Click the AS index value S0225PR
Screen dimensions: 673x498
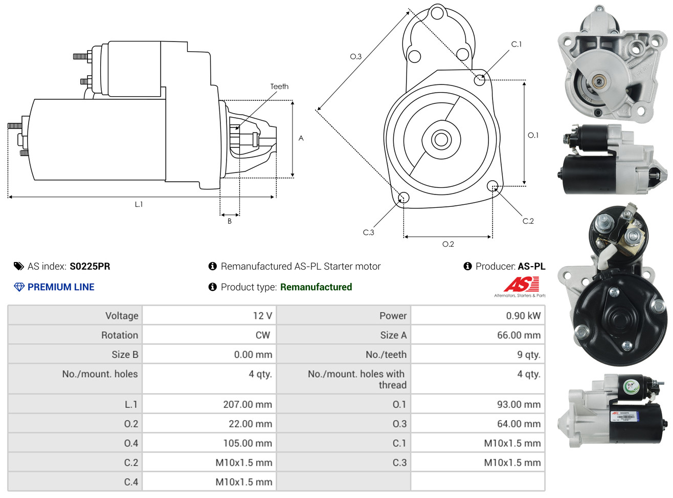click(90, 266)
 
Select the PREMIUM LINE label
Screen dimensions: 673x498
click(61, 287)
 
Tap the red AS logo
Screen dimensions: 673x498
click(521, 284)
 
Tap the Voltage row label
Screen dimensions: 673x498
click(122, 316)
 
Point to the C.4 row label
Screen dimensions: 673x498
click(131, 482)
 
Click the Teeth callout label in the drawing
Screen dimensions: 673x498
click(279, 86)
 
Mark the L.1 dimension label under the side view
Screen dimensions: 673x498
click(139, 204)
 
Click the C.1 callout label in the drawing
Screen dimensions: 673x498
click(516, 45)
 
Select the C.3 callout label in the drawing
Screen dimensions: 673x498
click(368, 232)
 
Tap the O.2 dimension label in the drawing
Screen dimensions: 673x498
click(448, 244)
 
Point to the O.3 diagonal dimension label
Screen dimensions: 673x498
click(355, 56)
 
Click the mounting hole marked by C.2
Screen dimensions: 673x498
click(492, 186)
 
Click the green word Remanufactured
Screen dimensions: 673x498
click(316, 287)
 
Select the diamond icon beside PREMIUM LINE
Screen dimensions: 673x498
click(19, 287)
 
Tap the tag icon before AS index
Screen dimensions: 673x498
click(19, 266)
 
